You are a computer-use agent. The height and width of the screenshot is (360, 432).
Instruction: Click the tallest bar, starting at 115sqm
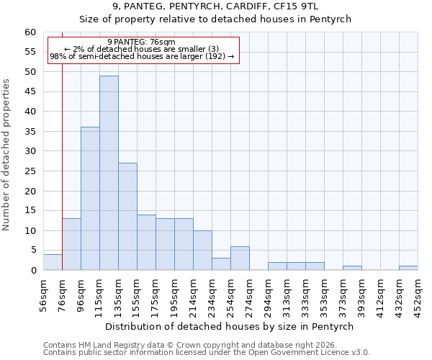pos(109,173)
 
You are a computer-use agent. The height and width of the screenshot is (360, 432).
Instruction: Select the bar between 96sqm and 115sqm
pos(90,199)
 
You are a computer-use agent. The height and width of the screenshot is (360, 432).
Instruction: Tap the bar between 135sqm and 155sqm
pos(127,217)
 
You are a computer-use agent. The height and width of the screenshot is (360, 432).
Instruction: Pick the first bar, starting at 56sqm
pos(53,262)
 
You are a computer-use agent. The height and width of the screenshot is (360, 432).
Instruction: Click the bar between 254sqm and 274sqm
pos(240,258)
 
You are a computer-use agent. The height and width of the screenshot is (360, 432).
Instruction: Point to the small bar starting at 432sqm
pos(408,268)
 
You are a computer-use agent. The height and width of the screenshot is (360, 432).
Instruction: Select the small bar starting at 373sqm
pos(352,268)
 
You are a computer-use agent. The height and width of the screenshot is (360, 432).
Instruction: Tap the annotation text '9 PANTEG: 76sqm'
pos(141,42)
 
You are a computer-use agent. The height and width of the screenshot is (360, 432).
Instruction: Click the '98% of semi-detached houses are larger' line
pos(142,56)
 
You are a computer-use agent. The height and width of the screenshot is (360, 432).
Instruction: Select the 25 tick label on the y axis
pos(30,171)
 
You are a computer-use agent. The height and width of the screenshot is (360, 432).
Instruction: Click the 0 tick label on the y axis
pos(33,271)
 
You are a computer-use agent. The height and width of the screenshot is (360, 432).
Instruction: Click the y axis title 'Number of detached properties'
pos(7,155)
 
